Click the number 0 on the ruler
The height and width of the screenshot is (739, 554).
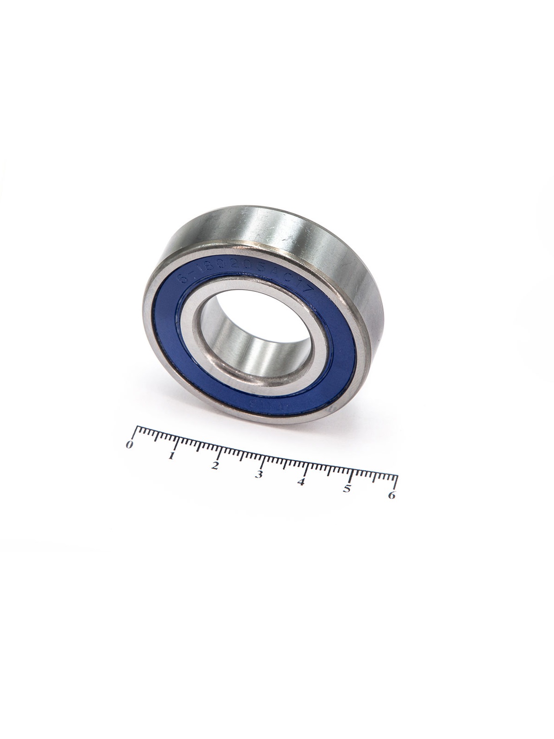pyautogui.click(x=129, y=445)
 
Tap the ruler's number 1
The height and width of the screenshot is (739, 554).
pyautogui.click(x=172, y=456)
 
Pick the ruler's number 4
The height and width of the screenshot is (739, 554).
pyautogui.click(x=302, y=482)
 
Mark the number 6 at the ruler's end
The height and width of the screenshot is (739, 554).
pyautogui.click(x=392, y=496)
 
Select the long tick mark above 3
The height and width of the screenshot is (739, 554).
pyautogui.click(x=263, y=460)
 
